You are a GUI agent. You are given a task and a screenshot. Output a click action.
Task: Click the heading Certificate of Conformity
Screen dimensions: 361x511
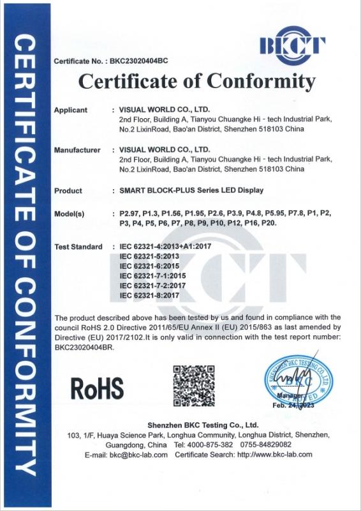click(x=196, y=82)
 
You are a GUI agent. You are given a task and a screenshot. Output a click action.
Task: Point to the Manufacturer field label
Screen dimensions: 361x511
click(x=77, y=150)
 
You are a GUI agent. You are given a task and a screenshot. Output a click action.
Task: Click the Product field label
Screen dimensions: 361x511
click(x=68, y=190)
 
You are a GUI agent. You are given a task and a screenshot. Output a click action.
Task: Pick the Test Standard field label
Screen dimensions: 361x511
click(x=78, y=247)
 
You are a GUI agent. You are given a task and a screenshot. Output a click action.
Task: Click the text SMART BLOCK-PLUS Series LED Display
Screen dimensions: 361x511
click(x=191, y=190)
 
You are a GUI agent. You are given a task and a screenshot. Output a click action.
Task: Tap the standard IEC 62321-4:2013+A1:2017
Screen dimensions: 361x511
click(x=160, y=247)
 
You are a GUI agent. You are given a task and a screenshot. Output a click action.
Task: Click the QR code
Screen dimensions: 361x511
click(x=192, y=384)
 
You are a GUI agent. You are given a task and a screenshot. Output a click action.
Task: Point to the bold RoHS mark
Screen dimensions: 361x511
click(x=96, y=387)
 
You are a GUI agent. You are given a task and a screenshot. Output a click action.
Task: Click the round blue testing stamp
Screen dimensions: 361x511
click(x=295, y=382)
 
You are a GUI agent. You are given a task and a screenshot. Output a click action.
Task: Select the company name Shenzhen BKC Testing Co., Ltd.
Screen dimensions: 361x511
click(x=202, y=425)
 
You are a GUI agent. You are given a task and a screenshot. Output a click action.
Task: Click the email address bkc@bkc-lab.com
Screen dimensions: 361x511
click(x=138, y=455)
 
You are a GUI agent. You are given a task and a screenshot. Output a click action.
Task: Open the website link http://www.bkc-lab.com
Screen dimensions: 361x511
click(x=275, y=455)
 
